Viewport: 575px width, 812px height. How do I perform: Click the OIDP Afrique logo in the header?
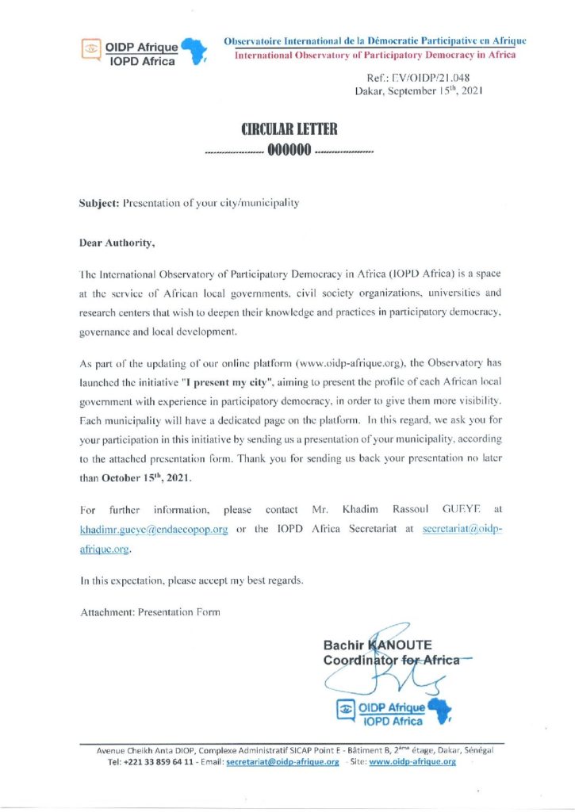(144, 52)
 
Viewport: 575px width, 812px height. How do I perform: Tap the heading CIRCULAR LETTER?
(289, 129)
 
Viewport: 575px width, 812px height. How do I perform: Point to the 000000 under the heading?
(288, 151)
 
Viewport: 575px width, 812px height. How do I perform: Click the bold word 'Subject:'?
(98, 203)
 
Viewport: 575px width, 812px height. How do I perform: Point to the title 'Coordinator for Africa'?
(392, 660)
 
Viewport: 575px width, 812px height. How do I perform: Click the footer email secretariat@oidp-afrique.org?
(283, 762)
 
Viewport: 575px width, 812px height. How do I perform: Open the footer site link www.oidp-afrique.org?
(412, 762)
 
